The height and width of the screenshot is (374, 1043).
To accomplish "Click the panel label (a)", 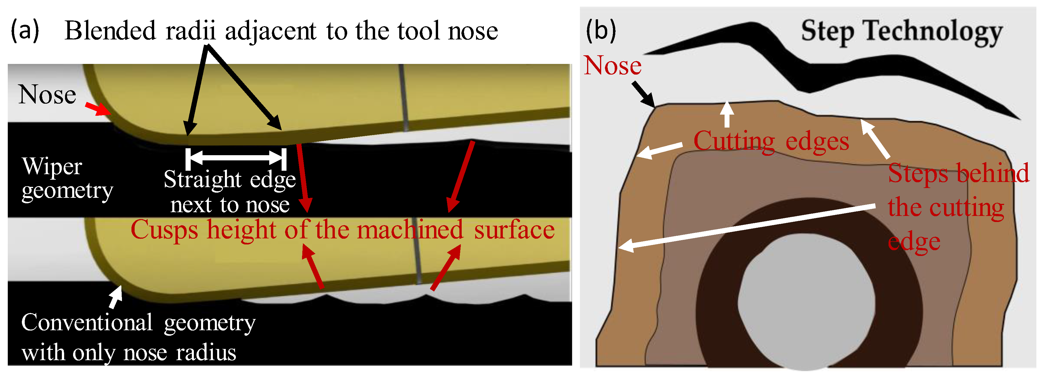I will [25, 31].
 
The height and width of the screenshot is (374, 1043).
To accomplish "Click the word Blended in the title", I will [110, 31].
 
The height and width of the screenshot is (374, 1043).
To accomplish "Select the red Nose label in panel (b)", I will [613, 66].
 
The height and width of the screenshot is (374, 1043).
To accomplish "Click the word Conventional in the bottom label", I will [87, 323].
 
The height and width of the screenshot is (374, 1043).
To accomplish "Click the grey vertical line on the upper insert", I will [403, 97].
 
